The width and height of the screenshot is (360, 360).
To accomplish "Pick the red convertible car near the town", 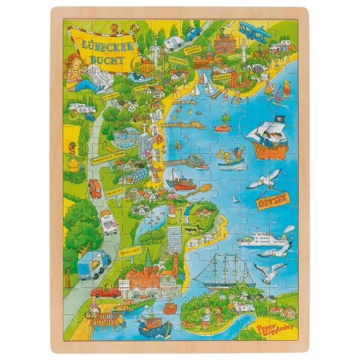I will pyautogui.click(x=107, y=292).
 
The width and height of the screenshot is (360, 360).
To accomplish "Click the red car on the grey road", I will pyautogui.click(x=95, y=188).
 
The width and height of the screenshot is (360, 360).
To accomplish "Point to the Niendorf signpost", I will pyautogui.click(x=114, y=193).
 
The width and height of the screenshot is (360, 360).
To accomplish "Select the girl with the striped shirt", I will pyautogui.click(x=77, y=73).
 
